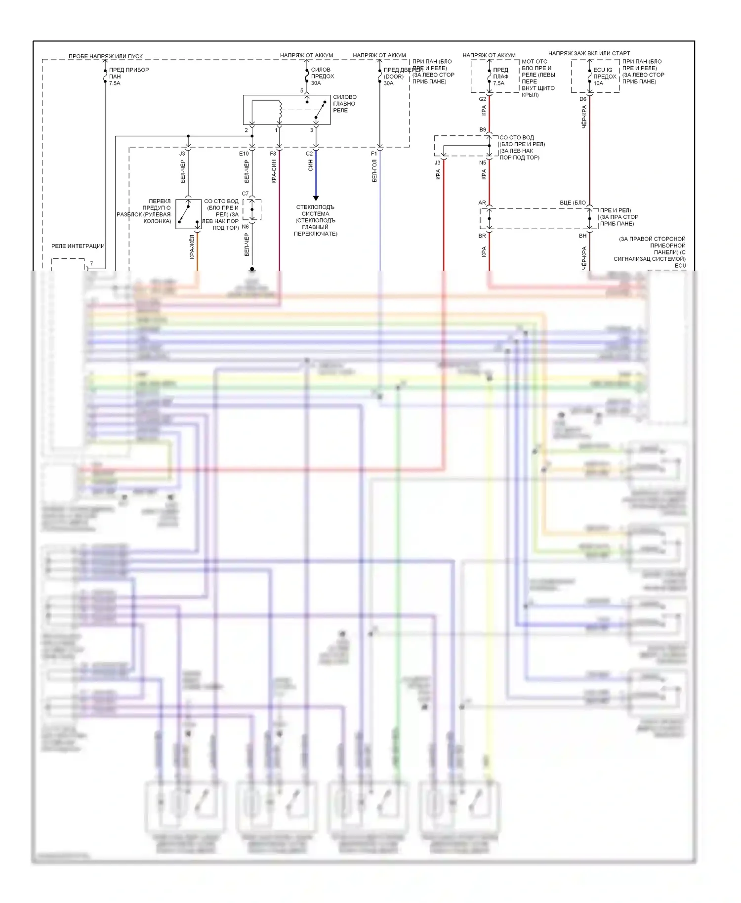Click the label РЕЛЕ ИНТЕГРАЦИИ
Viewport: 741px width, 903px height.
78,246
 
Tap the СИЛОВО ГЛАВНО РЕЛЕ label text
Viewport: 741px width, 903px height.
344,104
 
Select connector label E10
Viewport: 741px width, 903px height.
244,154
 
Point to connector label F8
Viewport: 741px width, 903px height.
273,154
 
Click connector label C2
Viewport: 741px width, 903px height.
309,154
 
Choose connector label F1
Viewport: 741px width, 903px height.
374,154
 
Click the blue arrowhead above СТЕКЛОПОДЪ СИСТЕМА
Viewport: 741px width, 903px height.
316,198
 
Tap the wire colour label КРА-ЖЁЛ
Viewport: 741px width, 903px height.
192,246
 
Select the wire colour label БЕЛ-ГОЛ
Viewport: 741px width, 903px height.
374,170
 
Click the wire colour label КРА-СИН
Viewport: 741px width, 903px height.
274,171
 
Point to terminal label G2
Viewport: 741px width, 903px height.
483,99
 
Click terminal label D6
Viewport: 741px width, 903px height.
583,99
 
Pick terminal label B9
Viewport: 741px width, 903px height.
483,130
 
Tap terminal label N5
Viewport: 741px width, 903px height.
483,163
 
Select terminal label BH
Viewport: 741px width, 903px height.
583,236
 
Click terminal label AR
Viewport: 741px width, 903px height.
482,203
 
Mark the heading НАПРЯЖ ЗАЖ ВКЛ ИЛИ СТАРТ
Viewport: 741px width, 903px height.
589,53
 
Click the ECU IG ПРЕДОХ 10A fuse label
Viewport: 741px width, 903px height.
605,77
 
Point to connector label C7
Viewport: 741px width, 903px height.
246,194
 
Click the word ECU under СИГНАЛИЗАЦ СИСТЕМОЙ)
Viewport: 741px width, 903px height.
680,265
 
